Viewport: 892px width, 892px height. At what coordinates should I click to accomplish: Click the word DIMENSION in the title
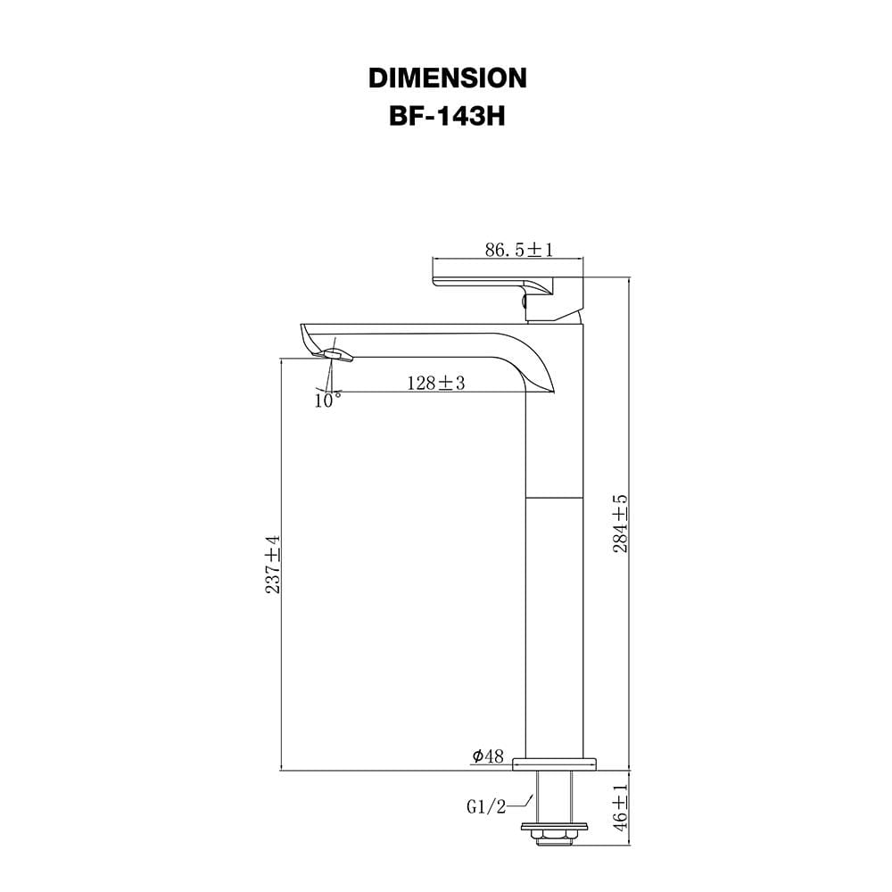point(447,78)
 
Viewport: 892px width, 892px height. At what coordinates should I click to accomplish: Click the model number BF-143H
point(447,117)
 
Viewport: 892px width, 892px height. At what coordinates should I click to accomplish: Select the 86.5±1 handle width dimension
point(518,249)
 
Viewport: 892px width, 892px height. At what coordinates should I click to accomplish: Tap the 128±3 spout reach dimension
point(436,383)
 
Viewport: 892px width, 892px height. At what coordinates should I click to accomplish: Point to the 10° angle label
point(327,400)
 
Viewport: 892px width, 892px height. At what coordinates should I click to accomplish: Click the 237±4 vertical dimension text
point(273,565)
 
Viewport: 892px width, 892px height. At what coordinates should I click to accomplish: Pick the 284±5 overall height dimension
point(620,524)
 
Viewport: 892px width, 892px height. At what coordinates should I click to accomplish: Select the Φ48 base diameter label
point(488,756)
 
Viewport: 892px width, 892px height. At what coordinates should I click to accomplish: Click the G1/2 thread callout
point(486,806)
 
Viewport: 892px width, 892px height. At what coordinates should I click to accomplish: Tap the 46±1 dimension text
point(620,806)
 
